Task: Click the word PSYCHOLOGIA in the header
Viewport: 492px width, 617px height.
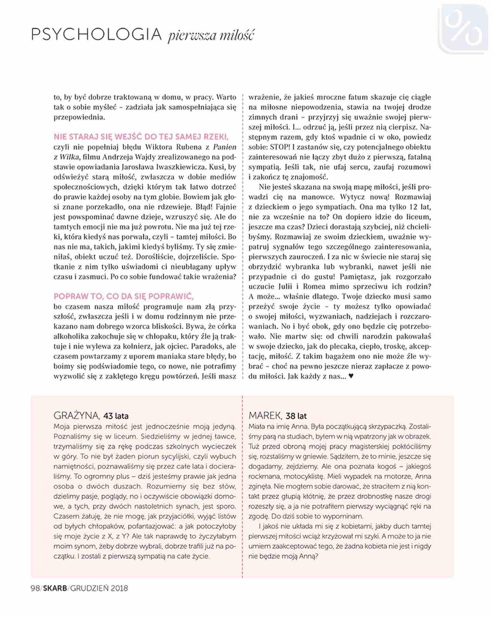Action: [96, 35]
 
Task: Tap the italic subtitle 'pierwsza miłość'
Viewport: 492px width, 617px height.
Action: [211, 35]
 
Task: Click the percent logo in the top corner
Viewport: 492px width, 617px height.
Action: [464, 29]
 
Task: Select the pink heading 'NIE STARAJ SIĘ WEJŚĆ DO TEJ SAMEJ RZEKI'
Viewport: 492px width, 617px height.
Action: [141, 137]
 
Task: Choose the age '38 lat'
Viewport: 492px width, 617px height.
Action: [296, 416]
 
